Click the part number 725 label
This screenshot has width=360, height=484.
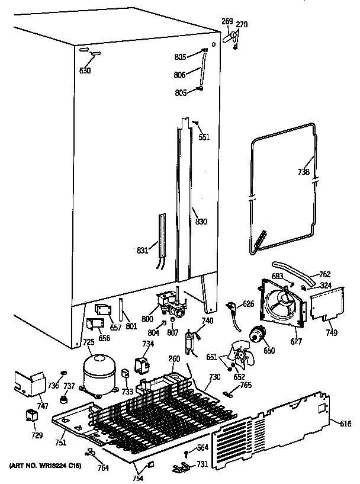(x=88, y=342)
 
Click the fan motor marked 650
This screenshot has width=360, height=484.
(x=258, y=336)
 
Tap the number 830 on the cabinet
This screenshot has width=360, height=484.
(x=201, y=222)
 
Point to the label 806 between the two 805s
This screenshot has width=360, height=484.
(x=181, y=75)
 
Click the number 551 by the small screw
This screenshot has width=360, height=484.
(x=204, y=137)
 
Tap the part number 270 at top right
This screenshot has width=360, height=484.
(x=242, y=24)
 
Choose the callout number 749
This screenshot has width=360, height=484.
(x=331, y=334)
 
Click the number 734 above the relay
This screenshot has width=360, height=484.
(x=148, y=344)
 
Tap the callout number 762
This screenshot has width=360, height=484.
(x=324, y=274)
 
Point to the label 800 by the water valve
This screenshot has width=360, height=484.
(x=147, y=319)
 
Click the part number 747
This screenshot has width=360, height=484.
(x=43, y=406)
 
